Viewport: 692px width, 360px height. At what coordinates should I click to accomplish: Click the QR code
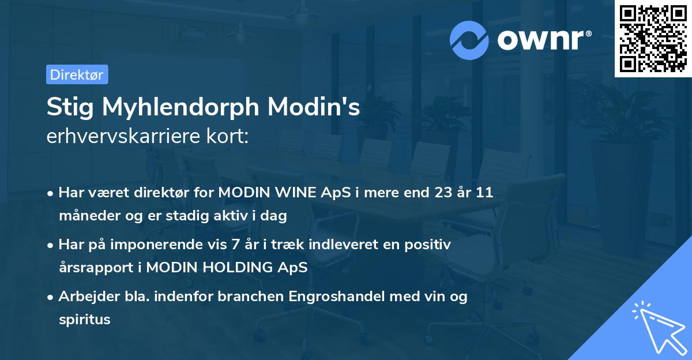(653, 39)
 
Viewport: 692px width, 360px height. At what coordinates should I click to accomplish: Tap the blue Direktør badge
(77, 74)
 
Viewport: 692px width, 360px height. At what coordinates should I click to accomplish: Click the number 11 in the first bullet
(484, 193)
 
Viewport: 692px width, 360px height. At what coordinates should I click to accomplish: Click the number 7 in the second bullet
(234, 245)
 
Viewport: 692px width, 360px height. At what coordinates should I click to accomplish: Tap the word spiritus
(84, 320)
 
